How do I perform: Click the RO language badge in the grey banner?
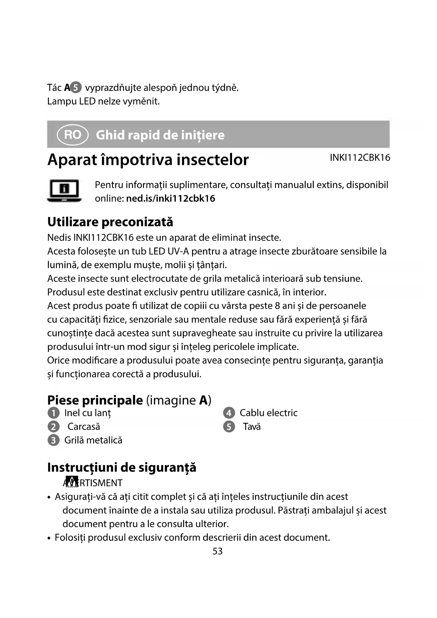[73, 135]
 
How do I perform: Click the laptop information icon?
[64, 191]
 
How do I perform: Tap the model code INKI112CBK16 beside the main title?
[360, 157]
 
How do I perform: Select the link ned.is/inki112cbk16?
[170, 198]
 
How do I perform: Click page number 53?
[218, 551]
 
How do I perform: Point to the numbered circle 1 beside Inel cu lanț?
[54, 413]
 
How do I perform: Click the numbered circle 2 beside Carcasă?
[54, 427]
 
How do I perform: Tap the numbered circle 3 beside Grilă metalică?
[54, 440]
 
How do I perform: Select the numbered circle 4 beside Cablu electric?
[229, 413]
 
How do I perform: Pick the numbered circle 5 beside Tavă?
[229, 427]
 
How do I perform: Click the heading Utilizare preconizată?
[110, 222]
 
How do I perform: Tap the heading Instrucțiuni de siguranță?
[122, 467]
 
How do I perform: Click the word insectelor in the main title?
[213, 160]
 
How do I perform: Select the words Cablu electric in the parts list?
[268, 413]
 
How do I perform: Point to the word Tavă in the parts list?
[252, 427]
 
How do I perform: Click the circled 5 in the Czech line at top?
[76, 87]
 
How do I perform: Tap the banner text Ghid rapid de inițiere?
[160, 135]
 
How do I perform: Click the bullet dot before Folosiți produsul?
[49, 538]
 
